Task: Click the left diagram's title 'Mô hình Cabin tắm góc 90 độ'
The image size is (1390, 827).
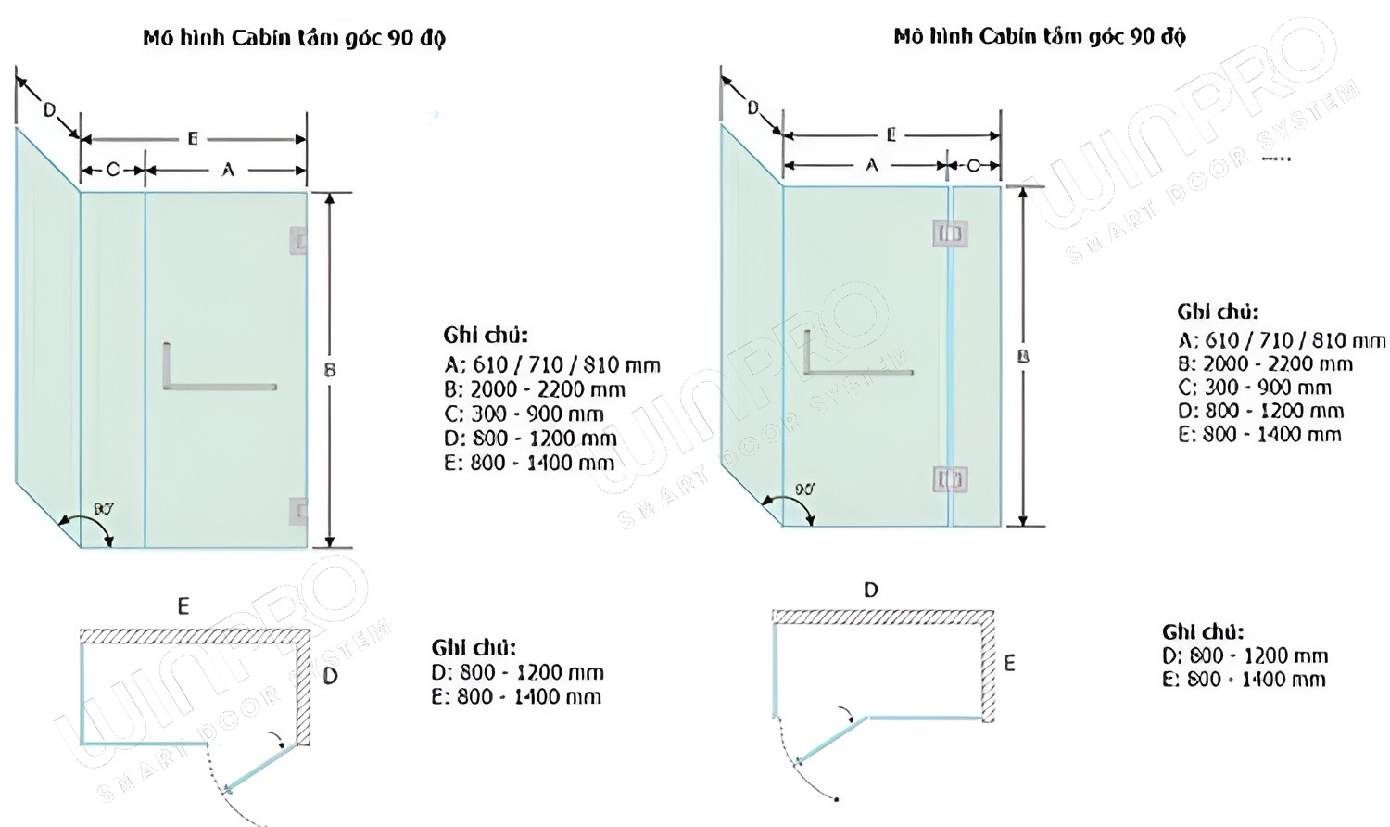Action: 294,38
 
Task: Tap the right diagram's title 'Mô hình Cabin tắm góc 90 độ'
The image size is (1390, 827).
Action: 1039,36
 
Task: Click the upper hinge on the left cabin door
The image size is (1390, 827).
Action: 298,242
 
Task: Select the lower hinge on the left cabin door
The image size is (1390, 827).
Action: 298,511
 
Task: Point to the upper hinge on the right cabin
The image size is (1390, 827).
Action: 950,233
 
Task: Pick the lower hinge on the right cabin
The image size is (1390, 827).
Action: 950,479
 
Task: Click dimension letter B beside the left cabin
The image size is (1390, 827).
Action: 330,370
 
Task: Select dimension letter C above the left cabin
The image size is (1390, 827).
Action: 113,170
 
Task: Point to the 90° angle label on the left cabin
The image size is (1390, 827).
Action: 103,508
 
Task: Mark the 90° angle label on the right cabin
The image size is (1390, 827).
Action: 803,489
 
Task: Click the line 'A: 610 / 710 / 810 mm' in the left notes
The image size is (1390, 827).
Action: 551,364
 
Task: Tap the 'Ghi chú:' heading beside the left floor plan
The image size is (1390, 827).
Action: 474,647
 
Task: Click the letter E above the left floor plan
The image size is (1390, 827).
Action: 183,606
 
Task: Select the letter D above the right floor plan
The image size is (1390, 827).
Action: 870,590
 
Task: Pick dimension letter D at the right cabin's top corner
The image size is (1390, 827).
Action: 752,108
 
